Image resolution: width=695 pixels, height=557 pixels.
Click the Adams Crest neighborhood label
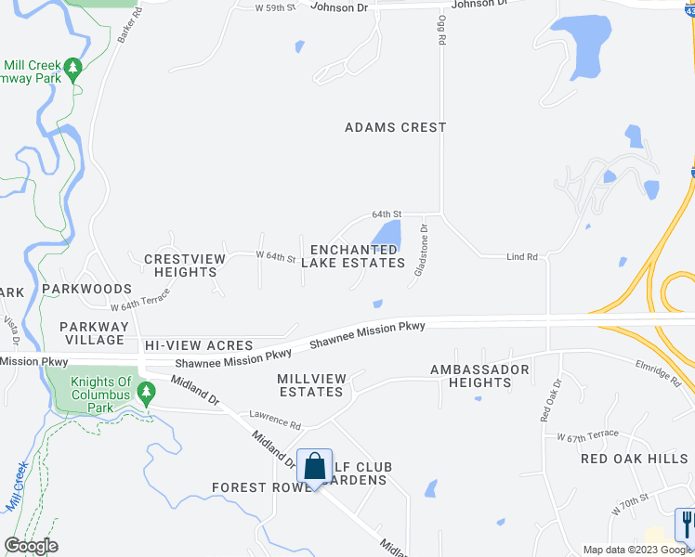pos(396,127)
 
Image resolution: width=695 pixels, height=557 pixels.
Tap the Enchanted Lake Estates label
pos(358,256)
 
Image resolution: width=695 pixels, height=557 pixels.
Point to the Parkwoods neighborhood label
pos(88,290)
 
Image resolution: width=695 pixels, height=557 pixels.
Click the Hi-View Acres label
pos(199,345)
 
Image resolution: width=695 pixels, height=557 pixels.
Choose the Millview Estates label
pos(311,385)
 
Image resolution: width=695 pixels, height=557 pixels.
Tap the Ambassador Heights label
pos(479,376)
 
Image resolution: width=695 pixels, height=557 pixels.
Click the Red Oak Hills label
pos(634,459)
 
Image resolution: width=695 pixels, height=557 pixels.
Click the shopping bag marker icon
pos(315,466)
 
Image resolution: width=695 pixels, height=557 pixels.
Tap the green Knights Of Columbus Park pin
pos(146,393)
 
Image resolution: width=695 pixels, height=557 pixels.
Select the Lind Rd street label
pos(522,256)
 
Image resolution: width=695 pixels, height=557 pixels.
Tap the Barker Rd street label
pos(138,21)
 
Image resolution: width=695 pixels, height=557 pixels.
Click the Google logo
pos(32,546)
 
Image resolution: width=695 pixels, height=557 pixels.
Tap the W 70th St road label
pos(629,506)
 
